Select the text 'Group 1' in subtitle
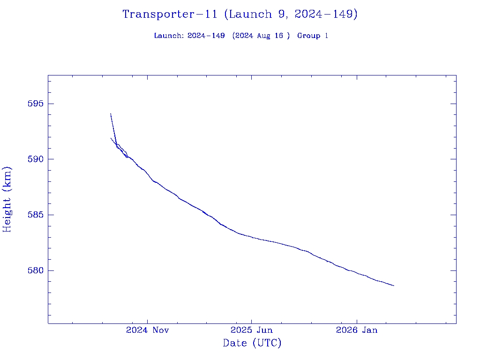click(312, 36)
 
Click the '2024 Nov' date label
click(147, 330)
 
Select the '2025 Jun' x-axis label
click(252, 330)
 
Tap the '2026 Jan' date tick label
click(356, 330)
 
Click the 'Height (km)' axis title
click(7, 199)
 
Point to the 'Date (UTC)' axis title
click(252, 344)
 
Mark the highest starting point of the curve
click(111, 113)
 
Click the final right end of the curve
click(394, 285)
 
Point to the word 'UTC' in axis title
click(267, 344)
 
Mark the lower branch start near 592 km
click(111, 138)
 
